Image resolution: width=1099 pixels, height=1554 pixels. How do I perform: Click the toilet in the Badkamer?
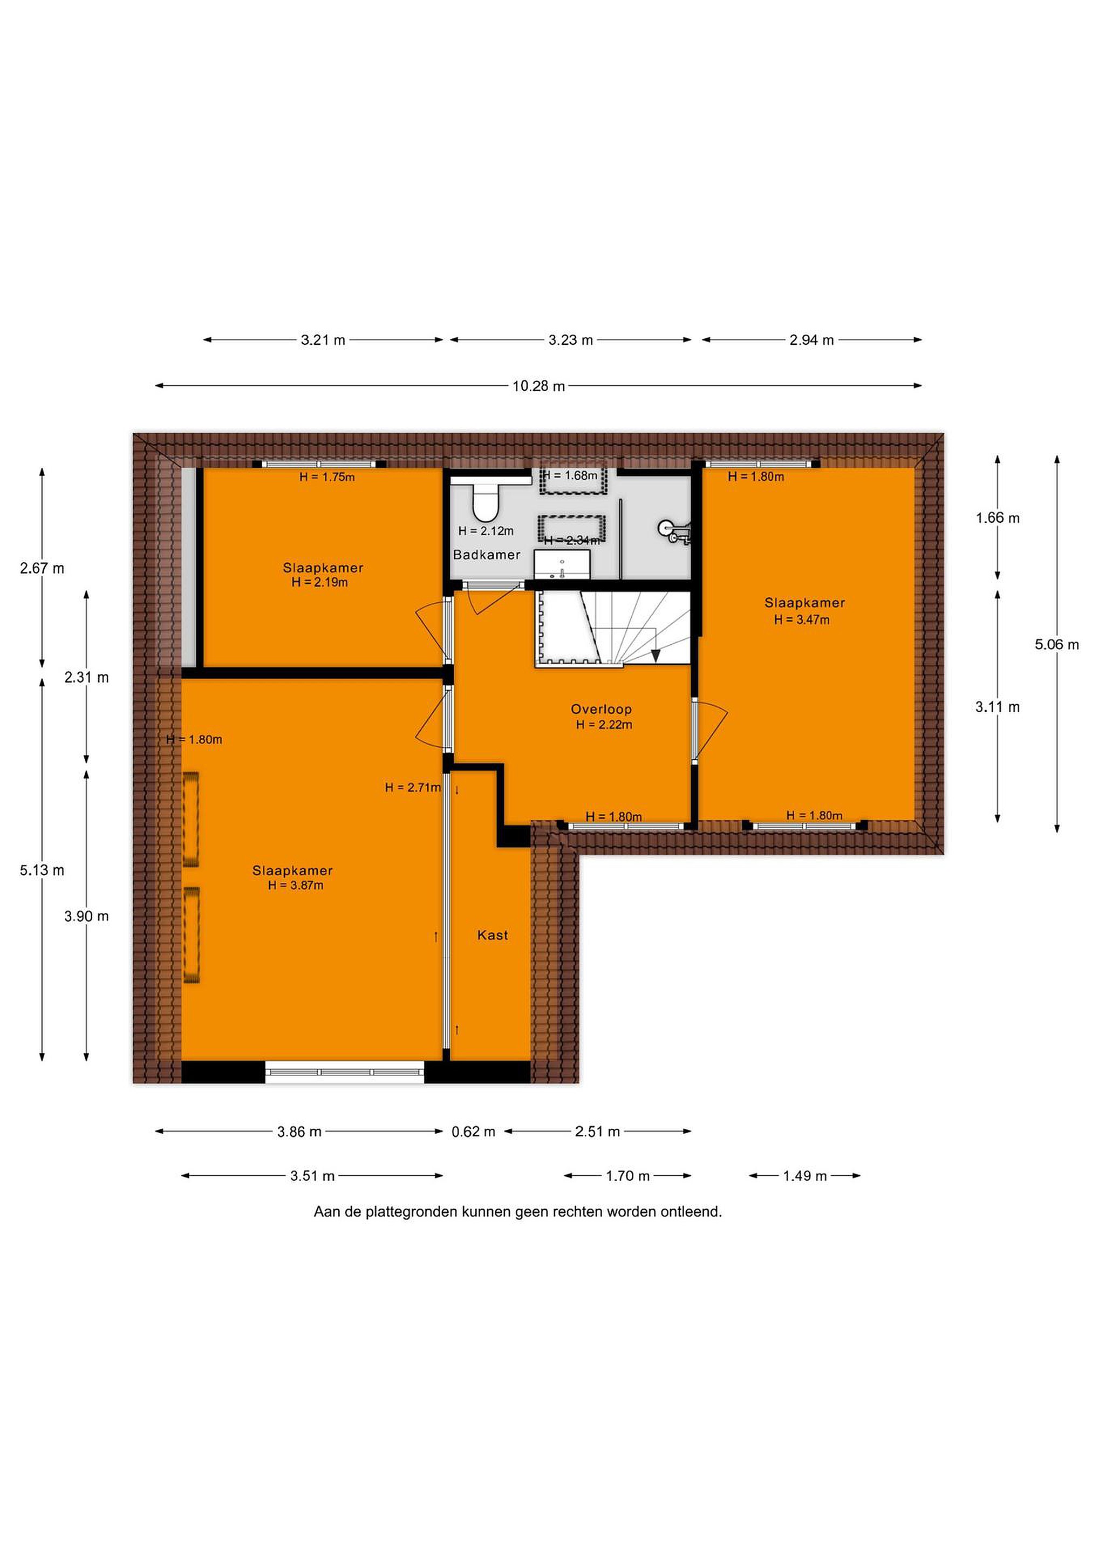pyautogui.click(x=484, y=501)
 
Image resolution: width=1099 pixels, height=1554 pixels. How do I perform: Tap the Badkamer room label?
pyautogui.click(x=487, y=555)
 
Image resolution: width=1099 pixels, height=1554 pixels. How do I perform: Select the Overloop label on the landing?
pyautogui.click(x=601, y=710)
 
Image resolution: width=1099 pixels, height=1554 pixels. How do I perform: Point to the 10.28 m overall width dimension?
pyautogui.click(x=538, y=386)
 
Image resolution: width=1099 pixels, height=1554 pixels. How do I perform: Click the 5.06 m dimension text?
pyautogui.click(x=1056, y=644)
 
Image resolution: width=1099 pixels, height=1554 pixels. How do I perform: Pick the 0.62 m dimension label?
pyautogui.click(x=473, y=1132)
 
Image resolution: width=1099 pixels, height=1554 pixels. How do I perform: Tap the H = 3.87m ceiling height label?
pyautogui.click(x=296, y=885)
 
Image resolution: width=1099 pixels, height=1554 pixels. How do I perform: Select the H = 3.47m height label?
pyautogui.click(x=802, y=619)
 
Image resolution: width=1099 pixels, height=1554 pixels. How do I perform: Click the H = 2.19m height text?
pyautogui.click(x=319, y=582)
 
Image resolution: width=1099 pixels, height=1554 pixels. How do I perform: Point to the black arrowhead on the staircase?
pyautogui.click(x=655, y=655)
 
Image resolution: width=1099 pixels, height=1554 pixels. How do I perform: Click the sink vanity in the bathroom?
pyautogui.click(x=562, y=564)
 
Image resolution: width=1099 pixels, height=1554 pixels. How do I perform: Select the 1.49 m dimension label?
pyautogui.click(x=804, y=1176)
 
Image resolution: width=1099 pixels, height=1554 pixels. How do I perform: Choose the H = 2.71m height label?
pyautogui.click(x=413, y=787)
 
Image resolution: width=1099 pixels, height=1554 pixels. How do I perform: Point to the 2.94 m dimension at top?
pyautogui.click(x=811, y=340)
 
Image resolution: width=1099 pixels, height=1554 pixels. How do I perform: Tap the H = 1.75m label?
pyautogui.click(x=327, y=476)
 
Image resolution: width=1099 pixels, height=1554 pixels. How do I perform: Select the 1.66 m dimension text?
pyautogui.click(x=998, y=518)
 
